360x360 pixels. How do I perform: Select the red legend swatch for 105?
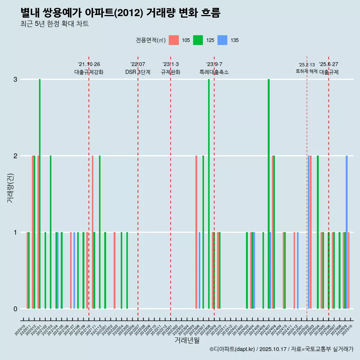coord(174,40)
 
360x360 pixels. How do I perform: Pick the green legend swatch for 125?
coord(198,40)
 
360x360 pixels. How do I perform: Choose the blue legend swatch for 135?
coord(222,40)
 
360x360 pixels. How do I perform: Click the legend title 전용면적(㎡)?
coord(150,40)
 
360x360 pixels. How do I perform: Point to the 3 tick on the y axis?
coord(15,79)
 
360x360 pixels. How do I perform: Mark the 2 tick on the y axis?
coord(15,156)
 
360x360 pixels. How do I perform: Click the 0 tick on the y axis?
coord(15,309)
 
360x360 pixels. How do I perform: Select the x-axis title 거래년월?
coord(187,340)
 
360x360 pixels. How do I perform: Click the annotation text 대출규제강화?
coord(89,72)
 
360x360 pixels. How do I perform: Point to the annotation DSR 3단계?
coord(138,72)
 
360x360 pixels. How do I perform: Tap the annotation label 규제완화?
coord(171,72)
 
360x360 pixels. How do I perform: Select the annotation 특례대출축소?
coord(214,72)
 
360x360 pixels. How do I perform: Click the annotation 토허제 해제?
coord(307,71)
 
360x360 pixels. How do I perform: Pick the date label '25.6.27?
coord(328,64)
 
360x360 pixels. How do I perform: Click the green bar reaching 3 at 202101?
coord(40,193)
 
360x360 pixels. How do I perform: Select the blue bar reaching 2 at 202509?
coord(346,232)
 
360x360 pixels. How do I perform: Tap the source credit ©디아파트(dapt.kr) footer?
coord(281,349)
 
